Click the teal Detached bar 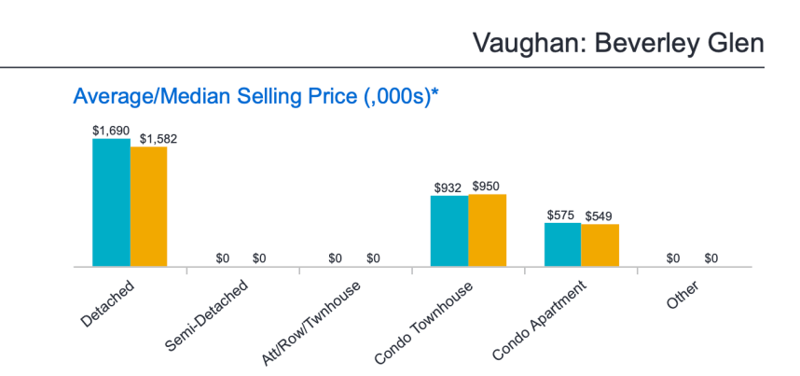click(111, 202)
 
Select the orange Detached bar click(148, 206)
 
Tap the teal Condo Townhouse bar click(448, 230)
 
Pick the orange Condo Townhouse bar click(487, 230)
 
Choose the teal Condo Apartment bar click(562, 244)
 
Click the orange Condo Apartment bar click(600, 245)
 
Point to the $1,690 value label click(111, 132)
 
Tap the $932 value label click(448, 188)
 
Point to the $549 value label click(599, 216)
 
